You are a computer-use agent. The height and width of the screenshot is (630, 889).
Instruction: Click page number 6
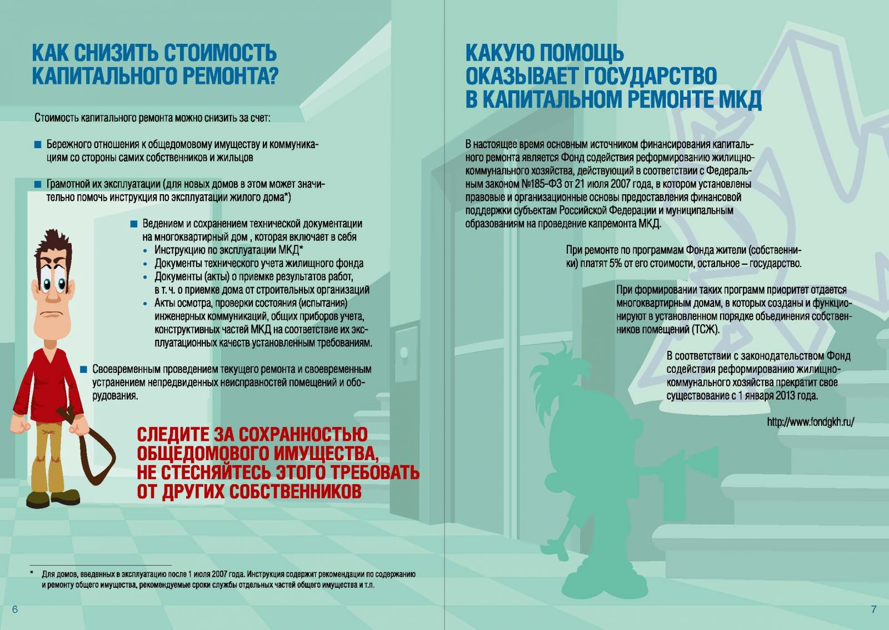click(15, 609)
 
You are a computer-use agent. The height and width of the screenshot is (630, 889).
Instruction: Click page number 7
click(873, 609)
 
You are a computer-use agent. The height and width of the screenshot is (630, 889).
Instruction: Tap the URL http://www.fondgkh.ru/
click(810, 422)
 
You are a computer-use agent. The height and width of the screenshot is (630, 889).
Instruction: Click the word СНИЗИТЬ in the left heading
click(116, 53)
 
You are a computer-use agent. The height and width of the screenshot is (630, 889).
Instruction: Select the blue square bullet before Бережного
click(38, 145)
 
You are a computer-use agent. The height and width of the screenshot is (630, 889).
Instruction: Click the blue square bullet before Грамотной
click(38, 184)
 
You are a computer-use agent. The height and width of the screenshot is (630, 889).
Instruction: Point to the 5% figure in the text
click(615, 264)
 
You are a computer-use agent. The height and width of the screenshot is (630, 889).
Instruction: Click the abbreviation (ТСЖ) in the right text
click(705, 330)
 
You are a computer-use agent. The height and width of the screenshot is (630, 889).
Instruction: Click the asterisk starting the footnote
click(32, 573)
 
